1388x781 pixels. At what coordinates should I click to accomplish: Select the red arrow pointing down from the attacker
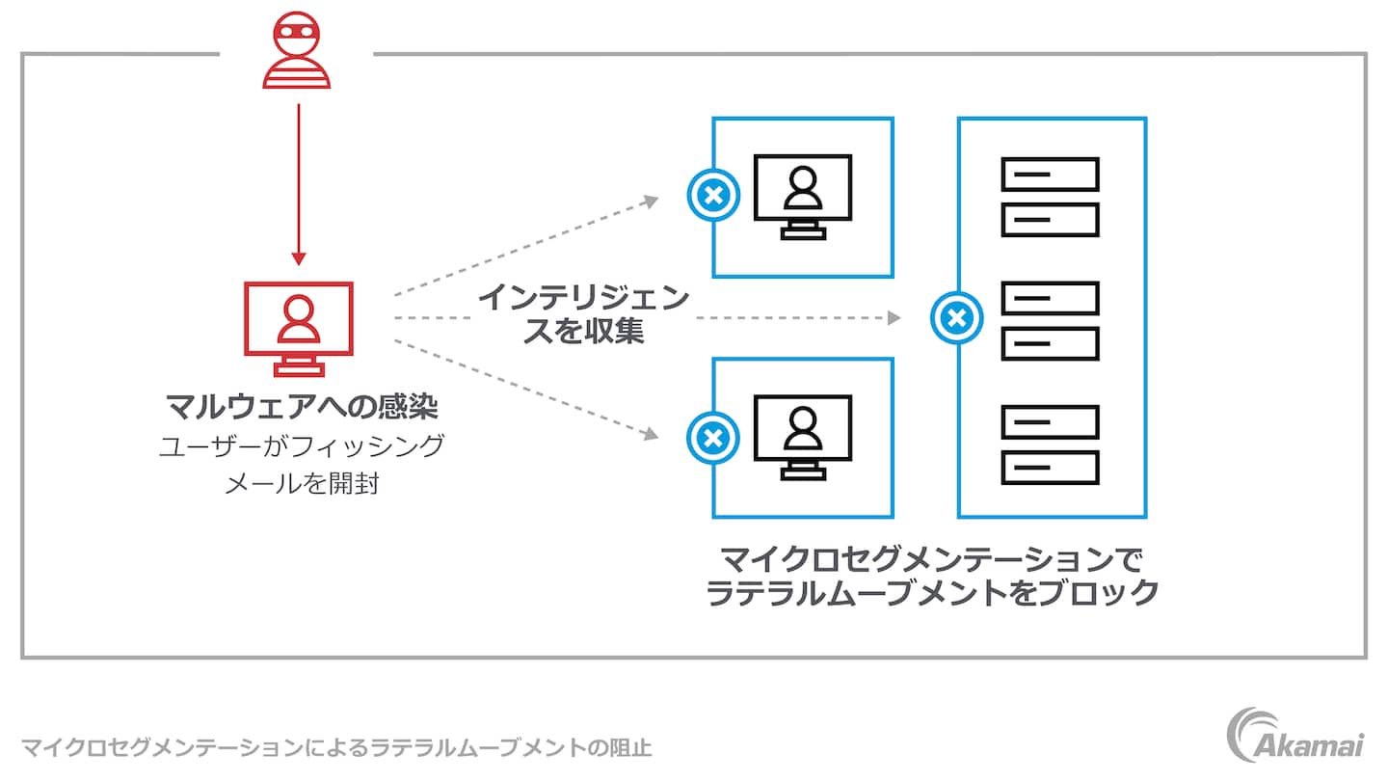(299, 183)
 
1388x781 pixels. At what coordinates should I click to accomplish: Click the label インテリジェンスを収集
(584, 314)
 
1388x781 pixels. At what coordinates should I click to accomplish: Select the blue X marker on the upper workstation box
(712, 196)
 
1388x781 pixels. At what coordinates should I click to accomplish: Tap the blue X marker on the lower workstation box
(712, 438)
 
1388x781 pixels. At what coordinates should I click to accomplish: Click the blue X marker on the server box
(957, 317)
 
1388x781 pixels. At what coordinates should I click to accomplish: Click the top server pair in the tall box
(1051, 197)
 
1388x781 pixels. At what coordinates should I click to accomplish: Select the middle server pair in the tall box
(1051, 320)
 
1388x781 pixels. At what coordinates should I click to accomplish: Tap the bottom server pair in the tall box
(1051, 444)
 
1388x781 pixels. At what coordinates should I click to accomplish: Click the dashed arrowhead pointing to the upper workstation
(652, 201)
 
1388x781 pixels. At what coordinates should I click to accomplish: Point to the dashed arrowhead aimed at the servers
(894, 317)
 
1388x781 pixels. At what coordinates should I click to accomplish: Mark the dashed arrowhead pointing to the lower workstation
(652, 436)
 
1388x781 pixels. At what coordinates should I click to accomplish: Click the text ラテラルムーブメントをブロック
(932, 593)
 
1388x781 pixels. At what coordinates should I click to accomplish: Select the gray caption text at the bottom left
(336, 747)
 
